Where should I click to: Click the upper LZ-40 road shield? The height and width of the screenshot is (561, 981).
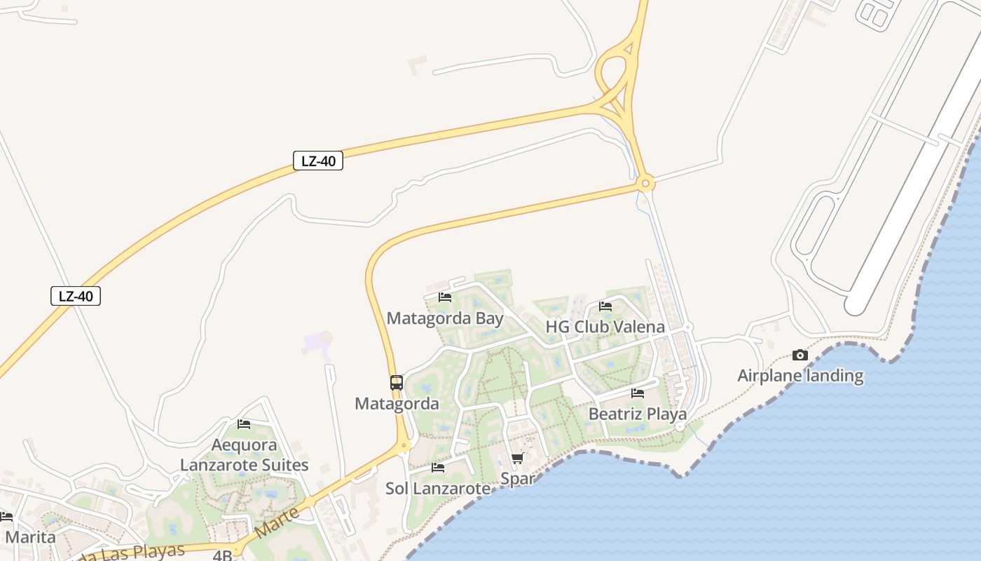[x=318, y=161]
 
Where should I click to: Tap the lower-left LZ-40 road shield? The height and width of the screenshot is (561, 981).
[x=76, y=296]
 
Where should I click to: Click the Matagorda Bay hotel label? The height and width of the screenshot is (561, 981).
[x=445, y=318]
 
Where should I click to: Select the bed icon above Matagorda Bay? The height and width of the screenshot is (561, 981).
[x=445, y=297]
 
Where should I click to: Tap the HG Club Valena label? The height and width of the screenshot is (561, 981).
[x=605, y=327]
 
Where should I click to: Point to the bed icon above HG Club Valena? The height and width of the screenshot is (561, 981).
[x=605, y=306]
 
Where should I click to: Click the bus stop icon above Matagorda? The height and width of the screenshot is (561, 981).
[x=397, y=383]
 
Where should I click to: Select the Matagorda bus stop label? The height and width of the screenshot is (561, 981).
[x=397, y=403]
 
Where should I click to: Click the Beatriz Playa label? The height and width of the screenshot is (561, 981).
[x=637, y=414]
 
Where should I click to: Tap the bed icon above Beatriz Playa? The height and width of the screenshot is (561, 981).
[x=637, y=393]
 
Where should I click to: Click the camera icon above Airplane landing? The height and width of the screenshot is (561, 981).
[x=800, y=356]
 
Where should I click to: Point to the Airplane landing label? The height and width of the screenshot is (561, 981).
[x=800, y=375]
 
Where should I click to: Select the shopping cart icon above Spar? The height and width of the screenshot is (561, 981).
[x=517, y=459]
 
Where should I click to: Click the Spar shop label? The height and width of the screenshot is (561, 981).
[x=517, y=479]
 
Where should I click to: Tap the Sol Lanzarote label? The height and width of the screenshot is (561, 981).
[x=438, y=488]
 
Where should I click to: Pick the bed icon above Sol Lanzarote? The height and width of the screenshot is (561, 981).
[x=438, y=468]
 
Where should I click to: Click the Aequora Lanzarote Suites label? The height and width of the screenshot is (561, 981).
[x=244, y=455]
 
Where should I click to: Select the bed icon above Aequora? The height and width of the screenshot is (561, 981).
[x=244, y=424]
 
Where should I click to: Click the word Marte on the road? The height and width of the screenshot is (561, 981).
[x=277, y=523]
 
